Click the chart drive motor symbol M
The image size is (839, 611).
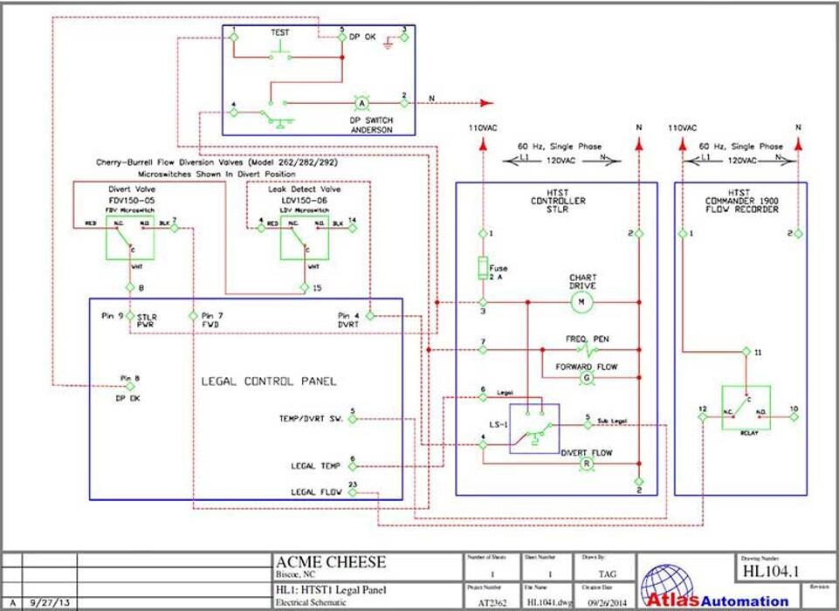[580, 302]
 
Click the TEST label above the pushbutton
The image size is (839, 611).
[279, 32]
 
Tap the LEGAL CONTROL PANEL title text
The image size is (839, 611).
[269, 381]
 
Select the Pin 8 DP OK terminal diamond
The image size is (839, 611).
[130, 385]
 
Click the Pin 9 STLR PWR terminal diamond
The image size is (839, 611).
[130, 315]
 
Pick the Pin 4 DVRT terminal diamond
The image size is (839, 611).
[370, 315]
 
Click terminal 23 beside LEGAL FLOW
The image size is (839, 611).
[353, 492]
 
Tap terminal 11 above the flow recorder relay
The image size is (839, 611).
[746, 352]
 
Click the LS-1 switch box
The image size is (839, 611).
[534, 429]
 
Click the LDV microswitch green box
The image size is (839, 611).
[304, 236]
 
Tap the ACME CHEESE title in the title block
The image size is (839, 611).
[331, 562]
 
